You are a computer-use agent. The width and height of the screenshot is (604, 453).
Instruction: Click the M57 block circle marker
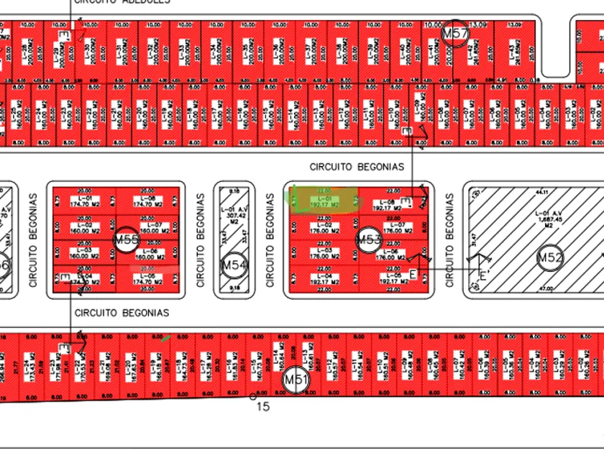[x=454, y=34]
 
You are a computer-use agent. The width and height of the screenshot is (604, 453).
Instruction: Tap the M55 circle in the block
[x=126, y=239]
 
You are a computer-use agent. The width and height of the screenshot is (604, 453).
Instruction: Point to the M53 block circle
[x=368, y=239]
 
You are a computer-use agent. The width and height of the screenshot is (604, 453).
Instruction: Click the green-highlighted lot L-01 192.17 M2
[x=324, y=201]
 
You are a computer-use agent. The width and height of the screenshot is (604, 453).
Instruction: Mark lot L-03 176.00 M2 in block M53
[x=324, y=253]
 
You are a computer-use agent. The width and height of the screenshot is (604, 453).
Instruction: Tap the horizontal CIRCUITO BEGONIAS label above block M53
[x=357, y=167]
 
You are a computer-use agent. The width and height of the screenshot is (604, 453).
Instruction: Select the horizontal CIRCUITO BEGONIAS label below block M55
[x=122, y=313]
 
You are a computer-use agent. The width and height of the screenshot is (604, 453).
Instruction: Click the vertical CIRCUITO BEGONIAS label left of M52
[x=451, y=239]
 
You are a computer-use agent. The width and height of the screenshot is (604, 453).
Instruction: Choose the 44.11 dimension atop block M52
[x=540, y=192]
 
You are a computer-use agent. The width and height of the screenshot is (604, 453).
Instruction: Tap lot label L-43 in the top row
[x=513, y=54]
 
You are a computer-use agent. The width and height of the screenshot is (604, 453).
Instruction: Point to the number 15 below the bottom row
[x=263, y=407]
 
